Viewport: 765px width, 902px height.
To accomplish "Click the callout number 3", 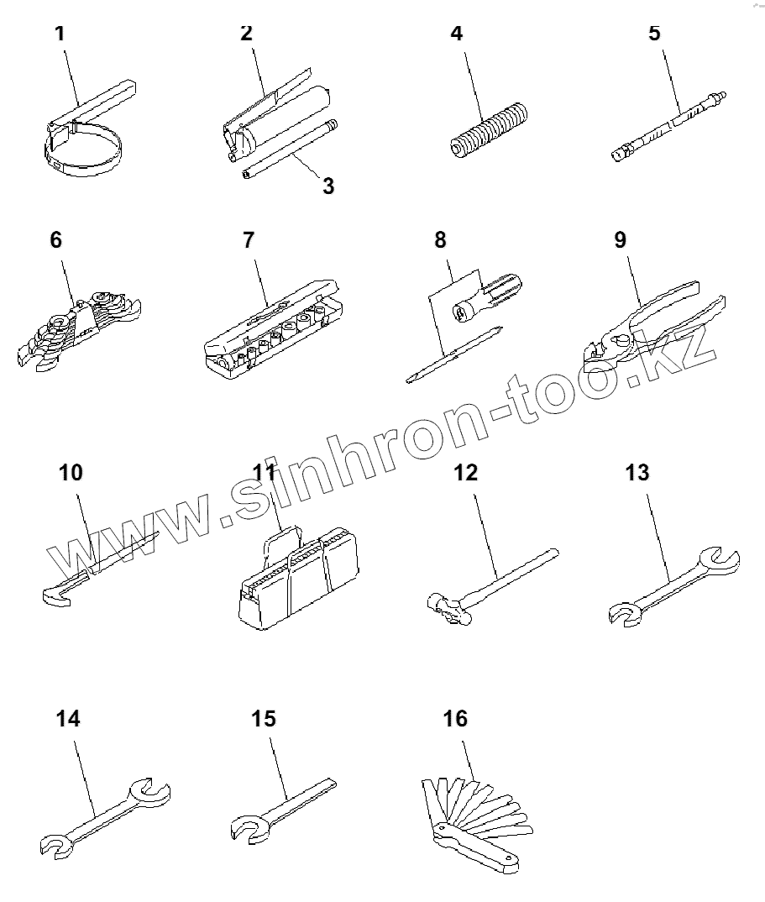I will (x=328, y=186).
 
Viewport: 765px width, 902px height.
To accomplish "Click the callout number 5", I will (x=654, y=34).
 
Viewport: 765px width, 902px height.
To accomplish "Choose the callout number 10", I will (x=71, y=472).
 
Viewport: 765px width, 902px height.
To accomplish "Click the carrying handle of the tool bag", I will (x=286, y=538).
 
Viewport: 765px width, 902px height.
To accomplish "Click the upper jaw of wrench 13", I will (x=721, y=559).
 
